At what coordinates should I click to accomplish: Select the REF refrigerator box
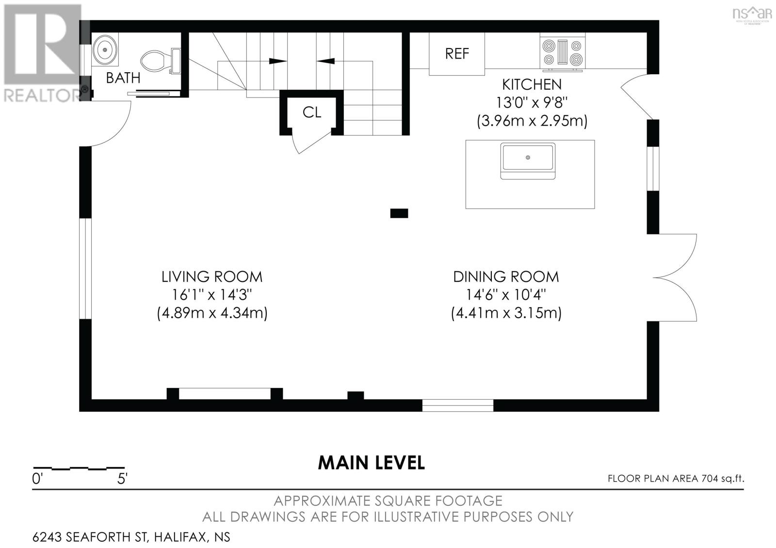[x=456, y=54]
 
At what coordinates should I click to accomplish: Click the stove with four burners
[x=562, y=52]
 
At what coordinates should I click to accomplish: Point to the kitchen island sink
[x=528, y=161]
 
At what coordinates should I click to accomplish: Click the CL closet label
[x=312, y=112]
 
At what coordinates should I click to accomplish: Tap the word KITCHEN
[x=532, y=84]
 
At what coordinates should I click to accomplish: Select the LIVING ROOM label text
[x=212, y=277]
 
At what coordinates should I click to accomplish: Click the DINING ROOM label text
[x=506, y=277]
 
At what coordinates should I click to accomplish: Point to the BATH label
[x=123, y=78]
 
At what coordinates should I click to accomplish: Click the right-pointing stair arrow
[x=277, y=61]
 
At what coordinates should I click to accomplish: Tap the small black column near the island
[x=399, y=213]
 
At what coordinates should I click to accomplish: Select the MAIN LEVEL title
[x=372, y=463]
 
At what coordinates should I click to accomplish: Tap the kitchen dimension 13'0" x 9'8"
[x=532, y=103]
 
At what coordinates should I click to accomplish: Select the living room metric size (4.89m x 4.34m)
[x=212, y=313]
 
